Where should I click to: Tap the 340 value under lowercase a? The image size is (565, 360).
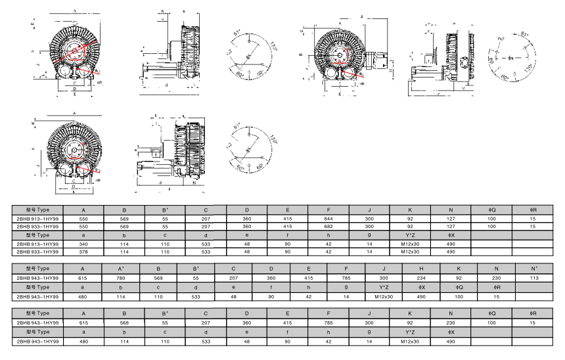(83, 243)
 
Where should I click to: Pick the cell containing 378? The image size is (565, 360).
(83, 252)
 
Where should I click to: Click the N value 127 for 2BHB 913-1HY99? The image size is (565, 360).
(451, 217)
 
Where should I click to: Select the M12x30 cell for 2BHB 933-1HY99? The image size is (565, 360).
(410, 252)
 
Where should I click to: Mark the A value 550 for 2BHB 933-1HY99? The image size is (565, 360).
(83, 226)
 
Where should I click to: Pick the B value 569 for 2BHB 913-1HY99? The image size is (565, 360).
(124, 217)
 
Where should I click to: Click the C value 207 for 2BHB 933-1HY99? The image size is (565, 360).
(206, 226)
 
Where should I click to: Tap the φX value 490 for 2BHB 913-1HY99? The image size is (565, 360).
(451, 243)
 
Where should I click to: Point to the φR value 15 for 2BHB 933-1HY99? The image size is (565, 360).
(533, 226)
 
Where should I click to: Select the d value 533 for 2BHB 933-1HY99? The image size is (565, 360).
(206, 252)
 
